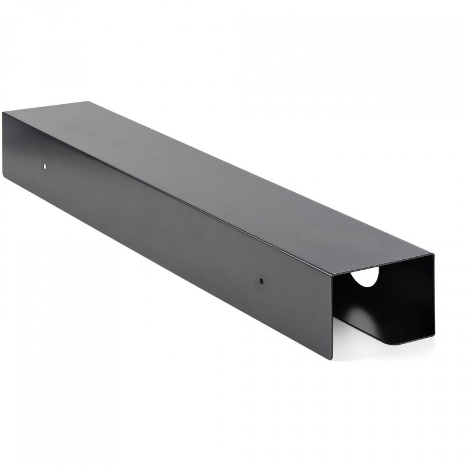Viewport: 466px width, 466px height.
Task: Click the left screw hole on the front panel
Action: coord(45,167)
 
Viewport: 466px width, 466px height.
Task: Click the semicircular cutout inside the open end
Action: coord(366,277)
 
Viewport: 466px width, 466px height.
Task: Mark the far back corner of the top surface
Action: coord(89,102)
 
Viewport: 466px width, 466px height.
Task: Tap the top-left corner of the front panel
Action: coord(3,113)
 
